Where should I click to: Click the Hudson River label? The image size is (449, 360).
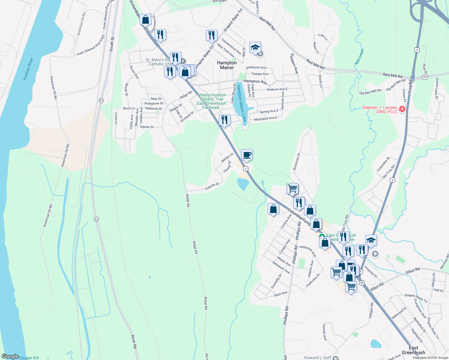coord(28,69)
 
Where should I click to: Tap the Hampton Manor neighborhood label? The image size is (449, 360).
coord(227,65)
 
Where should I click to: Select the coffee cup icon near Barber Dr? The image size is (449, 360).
coord(247,155)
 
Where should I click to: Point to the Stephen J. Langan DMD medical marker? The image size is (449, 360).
coord(402,109)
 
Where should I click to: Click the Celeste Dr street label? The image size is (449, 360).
coord(212,186)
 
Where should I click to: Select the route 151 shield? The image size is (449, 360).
coord(424,77)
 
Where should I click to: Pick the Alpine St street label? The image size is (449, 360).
coord(147,127)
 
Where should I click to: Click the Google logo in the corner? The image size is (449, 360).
coord(10,356)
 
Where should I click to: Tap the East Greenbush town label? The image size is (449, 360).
coord(413,350)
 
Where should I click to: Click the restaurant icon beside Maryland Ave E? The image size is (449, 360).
coord(224,120)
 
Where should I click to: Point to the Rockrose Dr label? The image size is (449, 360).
coord(297,162)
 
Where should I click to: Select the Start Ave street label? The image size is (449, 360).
coord(281,294)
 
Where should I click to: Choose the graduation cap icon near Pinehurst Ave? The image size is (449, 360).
coord(255,47)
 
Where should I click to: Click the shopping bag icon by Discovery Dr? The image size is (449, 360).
coord(145,20)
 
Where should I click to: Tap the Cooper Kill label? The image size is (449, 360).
coord(29,358)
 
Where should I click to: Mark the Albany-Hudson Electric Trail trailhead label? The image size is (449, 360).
coord(212,101)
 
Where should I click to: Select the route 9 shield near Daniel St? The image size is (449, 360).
coord(246,169)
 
